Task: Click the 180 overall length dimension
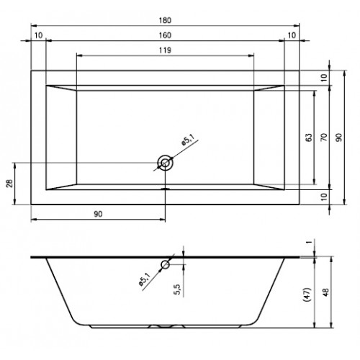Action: [165, 20]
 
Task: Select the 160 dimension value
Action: [165, 35]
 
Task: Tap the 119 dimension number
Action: [165, 50]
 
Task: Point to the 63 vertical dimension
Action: [310, 138]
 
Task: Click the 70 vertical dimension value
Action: [324, 138]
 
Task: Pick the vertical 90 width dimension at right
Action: [338, 138]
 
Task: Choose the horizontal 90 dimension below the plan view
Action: [98, 214]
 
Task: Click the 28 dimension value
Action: [9, 184]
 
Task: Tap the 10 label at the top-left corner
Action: [38, 35]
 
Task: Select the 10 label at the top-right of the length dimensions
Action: [292, 35]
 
